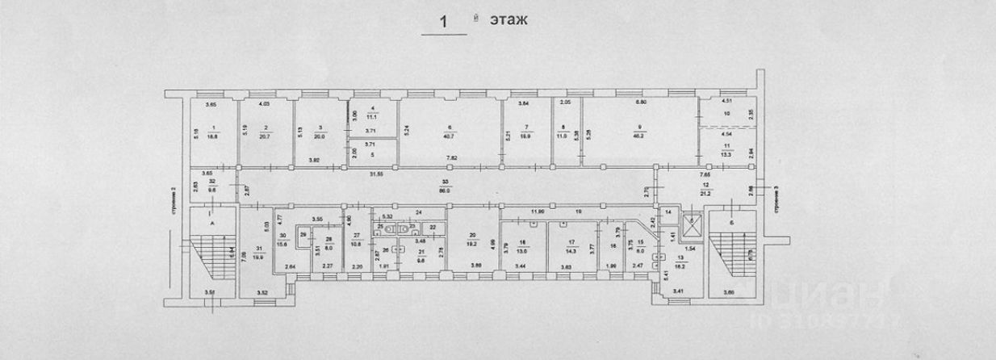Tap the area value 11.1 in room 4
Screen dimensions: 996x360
370,118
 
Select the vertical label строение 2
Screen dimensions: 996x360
174,211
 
